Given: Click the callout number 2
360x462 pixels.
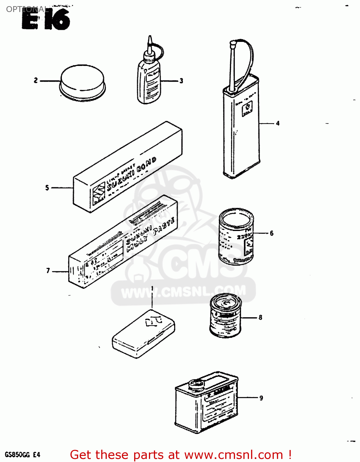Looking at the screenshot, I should pyautogui.click(x=36, y=81).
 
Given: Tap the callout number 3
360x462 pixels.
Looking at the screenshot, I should pyautogui.click(x=181, y=81).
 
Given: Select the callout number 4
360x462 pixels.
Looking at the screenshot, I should pyautogui.click(x=278, y=124).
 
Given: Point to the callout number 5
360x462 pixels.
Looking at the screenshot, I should pyautogui.click(x=47, y=188).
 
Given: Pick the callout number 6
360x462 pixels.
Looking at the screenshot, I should pyautogui.click(x=271, y=233).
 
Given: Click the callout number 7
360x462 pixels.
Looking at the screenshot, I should pyautogui.click(x=48, y=271).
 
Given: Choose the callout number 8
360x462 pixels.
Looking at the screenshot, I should pyautogui.click(x=260, y=318).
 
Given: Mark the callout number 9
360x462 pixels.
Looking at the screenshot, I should pyautogui.click(x=261, y=398).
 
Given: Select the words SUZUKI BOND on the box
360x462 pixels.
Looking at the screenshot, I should pyautogui.click(x=132, y=174).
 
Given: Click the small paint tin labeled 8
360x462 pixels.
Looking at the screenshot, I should pyautogui.click(x=225, y=315).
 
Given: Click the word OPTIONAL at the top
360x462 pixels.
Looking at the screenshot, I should pyautogui.click(x=27, y=9).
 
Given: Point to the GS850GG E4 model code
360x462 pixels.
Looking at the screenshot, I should pyautogui.click(x=22, y=455).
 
